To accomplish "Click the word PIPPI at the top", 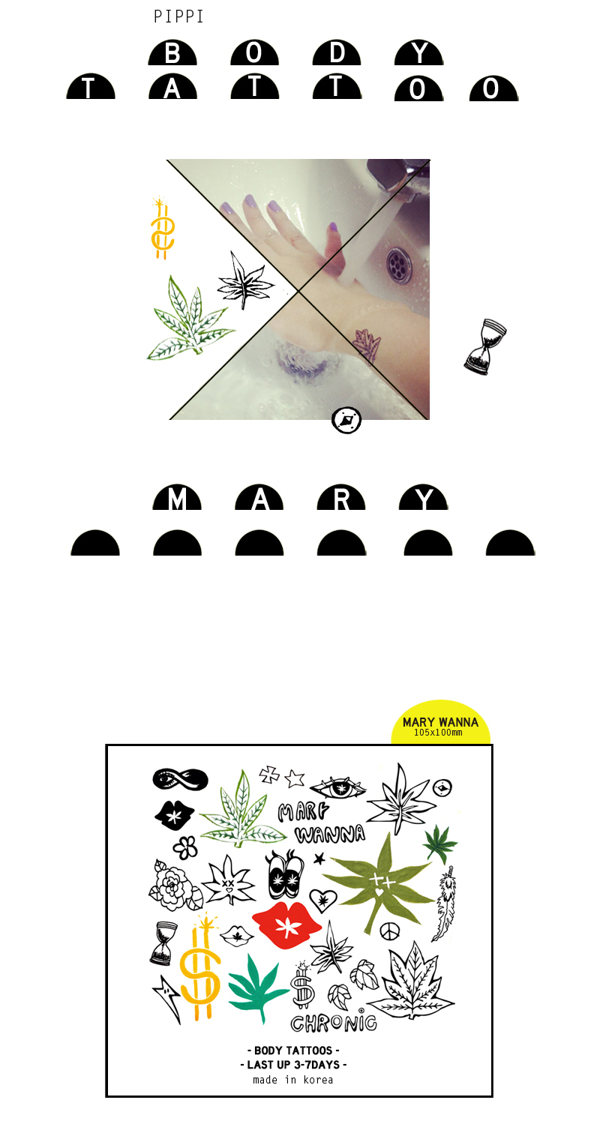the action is [x=178, y=16].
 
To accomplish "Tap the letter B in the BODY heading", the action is [x=172, y=53].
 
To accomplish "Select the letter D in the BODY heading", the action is [x=337, y=53].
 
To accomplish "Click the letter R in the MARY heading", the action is [x=342, y=499].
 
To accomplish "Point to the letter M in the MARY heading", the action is [x=176, y=499].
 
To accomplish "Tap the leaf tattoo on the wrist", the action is [x=366, y=346].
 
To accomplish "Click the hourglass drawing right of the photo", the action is [x=485, y=347].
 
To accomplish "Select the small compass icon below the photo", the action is [x=346, y=420].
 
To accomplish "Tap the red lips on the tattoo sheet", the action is [x=286, y=925].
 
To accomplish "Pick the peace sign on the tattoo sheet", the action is [x=389, y=931].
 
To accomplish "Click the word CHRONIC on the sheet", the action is [x=334, y=1023].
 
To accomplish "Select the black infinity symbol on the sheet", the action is [x=180, y=779].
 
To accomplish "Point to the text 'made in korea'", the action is [x=293, y=1080].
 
